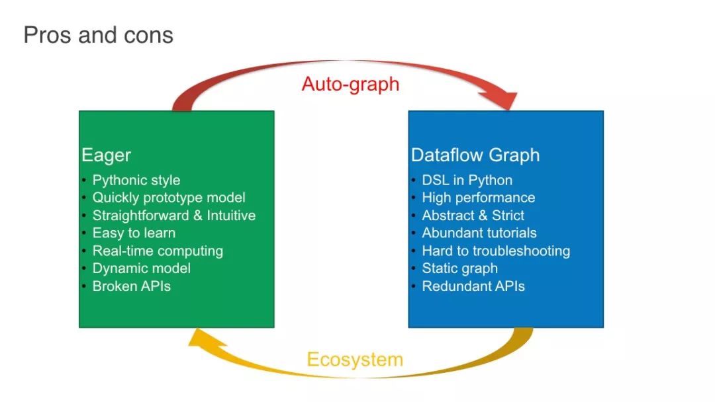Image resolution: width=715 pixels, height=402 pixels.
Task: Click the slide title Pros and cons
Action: coord(99,35)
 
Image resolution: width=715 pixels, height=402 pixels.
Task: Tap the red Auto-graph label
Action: coord(350,84)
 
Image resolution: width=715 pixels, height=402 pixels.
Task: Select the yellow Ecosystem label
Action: coord(355,359)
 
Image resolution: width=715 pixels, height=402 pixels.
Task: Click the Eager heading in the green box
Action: coord(106,155)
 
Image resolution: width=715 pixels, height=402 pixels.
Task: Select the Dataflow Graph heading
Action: coord(475,155)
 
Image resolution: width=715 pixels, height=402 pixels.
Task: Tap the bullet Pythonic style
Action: coord(136,181)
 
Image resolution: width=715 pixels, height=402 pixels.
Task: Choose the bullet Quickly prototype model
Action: coord(169,198)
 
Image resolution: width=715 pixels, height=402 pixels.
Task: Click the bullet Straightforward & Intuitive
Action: coord(173,216)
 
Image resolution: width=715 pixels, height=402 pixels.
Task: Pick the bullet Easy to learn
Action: coord(134,233)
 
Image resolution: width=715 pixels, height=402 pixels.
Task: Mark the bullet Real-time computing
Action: coord(158,251)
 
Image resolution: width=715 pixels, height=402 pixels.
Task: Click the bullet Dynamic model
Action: coord(142,268)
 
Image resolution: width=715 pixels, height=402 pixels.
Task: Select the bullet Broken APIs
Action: coord(131,286)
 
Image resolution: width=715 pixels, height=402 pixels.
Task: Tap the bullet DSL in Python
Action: coord(467,181)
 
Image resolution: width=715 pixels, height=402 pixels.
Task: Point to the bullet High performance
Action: coord(479,198)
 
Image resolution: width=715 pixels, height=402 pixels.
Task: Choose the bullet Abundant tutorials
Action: coord(479,233)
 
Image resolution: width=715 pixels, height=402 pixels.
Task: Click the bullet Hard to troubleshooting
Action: coord(496,251)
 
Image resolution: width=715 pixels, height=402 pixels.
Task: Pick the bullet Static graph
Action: coord(459,268)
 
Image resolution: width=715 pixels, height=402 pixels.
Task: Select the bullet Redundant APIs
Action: coord(473,286)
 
